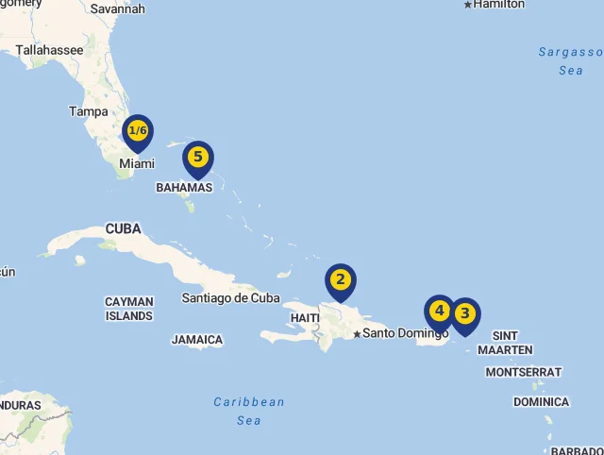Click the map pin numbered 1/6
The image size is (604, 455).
[x=138, y=131]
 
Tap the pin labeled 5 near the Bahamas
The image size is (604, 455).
[x=197, y=158]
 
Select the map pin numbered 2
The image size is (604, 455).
[x=341, y=280]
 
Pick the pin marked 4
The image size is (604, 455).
[x=439, y=311]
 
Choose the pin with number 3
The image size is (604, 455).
[x=464, y=313]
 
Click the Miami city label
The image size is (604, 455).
[x=137, y=164]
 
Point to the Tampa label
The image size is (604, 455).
[x=89, y=111]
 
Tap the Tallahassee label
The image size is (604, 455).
[x=50, y=49]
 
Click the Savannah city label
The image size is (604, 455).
[x=118, y=8]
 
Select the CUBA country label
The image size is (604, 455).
[x=123, y=228]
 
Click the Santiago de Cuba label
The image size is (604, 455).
[x=231, y=297]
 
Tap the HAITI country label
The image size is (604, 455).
[x=305, y=318]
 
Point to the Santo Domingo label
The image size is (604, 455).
[x=406, y=332]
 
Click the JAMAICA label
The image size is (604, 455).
[x=197, y=340]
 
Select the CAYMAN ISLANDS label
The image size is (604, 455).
[x=129, y=309]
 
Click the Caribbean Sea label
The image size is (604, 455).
[x=249, y=411]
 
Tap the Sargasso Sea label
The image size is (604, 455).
[x=570, y=60]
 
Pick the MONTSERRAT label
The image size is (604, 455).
[x=524, y=372]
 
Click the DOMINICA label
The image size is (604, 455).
[x=541, y=402]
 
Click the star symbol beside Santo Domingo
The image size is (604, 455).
[x=357, y=333]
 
